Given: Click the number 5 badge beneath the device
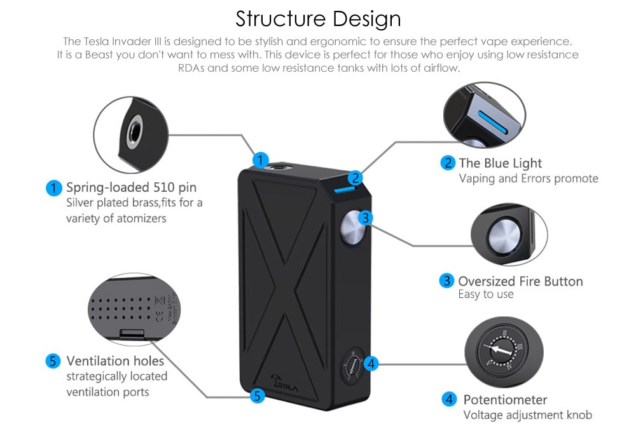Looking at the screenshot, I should (257, 396).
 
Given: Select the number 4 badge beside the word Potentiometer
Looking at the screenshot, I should (449, 399).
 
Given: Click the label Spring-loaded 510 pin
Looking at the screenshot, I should (131, 187).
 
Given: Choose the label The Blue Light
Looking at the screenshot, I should (501, 163).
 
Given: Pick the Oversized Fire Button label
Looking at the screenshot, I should (520, 281).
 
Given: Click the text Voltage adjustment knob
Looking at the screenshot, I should (527, 415).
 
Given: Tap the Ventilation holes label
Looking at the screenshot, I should (115, 361).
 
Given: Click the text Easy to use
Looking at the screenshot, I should (485, 295).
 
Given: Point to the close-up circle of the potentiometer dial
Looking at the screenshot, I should (504, 350).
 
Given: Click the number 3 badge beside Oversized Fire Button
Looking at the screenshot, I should (447, 280).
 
